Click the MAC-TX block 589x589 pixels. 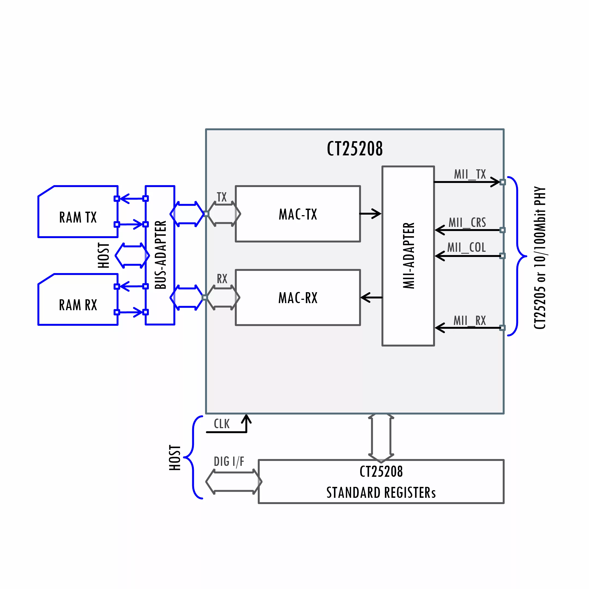(298, 214)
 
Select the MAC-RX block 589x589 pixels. (298, 298)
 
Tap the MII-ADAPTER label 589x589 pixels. (409, 256)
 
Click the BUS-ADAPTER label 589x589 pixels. (160, 255)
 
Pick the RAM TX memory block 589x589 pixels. (78, 211)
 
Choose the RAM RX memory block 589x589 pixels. (78, 299)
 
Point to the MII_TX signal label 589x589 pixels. (470, 174)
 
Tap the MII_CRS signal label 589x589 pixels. (467, 223)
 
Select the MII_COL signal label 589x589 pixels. (466, 247)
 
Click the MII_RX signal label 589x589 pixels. (469, 321)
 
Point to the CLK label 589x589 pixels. (222, 424)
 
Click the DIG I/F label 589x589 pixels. (229, 461)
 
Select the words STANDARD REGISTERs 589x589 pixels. (381, 493)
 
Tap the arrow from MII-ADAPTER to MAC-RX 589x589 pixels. (371, 297)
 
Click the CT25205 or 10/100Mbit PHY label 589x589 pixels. (540, 258)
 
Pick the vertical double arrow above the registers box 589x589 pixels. (381, 438)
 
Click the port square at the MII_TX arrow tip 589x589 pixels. (503, 182)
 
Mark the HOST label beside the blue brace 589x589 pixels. (175, 458)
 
